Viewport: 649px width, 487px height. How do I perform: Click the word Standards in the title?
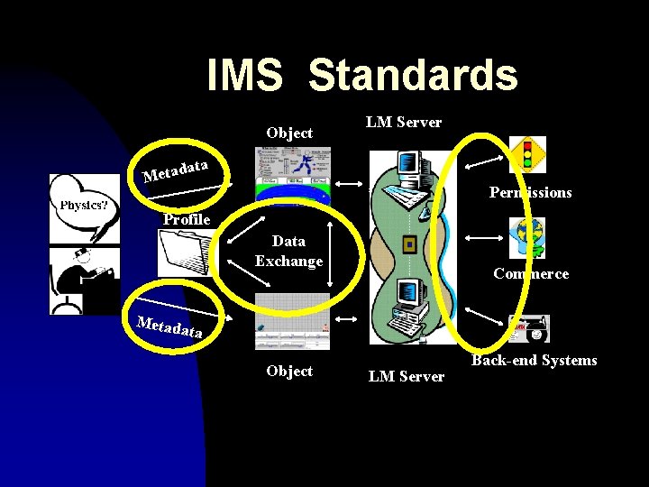tap(413, 76)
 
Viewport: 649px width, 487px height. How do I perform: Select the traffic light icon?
tap(527, 154)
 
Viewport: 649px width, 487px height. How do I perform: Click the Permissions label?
tap(530, 192)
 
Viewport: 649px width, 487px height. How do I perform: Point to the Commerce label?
tap(531, 273)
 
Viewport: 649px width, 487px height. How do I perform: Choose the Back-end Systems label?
tap(534, 360)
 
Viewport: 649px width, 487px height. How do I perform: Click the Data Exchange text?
tap(288, 251)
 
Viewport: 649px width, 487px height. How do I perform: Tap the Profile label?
tap(187, 219)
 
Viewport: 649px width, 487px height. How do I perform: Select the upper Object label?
tap(289, 133)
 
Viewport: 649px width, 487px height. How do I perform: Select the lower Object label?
tap(289, 371)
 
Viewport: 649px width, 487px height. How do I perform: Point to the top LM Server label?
tap(403, 122)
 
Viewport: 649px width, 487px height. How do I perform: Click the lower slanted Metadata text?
tap(169, 326)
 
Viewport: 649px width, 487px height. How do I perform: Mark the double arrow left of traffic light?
tap(483, 162)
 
